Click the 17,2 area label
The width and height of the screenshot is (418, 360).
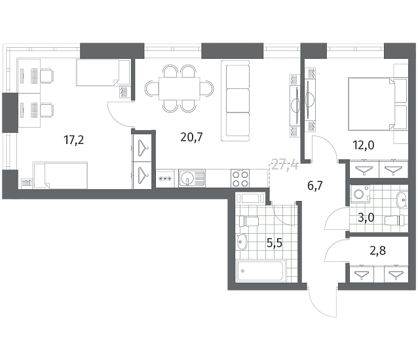(74, 140)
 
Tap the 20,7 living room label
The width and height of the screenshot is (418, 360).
(192, 137)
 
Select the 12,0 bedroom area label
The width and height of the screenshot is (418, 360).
(364, 145)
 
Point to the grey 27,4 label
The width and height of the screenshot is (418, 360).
(284, 166)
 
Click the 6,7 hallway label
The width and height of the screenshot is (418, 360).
(315, 186)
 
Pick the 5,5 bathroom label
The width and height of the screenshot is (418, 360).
(275, 243)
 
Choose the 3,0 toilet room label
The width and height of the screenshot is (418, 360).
(366, 218)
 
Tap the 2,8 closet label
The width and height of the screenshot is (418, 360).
(378, 251)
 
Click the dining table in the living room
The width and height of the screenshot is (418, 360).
(179, 88)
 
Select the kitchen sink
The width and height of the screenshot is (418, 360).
(192, 178)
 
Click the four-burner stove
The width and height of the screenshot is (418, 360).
(240, 179)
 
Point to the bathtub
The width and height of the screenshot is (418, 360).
(261, 271)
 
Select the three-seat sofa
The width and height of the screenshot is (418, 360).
(235, 101)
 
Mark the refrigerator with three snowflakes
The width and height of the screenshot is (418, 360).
(165, 179)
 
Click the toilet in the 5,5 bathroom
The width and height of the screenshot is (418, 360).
(249, 221)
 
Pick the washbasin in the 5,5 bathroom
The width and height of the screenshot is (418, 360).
(242, 242)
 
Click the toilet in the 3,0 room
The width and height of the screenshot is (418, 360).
(395, 220)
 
